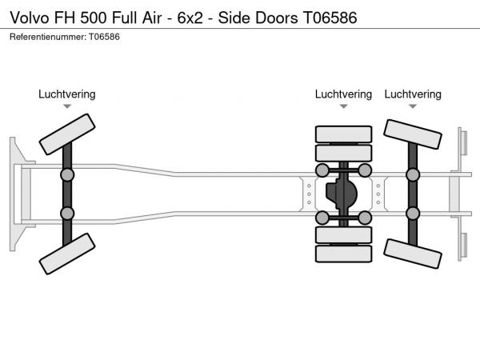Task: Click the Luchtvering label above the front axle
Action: pyautogui.click(x=67, y=94)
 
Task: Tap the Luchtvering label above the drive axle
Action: pyautogui.click(x=343, y=94)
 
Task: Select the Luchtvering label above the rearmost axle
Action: pyautogui.click(x=413, y=94)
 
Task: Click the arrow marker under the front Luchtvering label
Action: pyautogui.click(x=67, y=106)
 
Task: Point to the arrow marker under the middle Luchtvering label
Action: pyautogui.click(x=343, y=106)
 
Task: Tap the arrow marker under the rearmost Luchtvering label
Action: pyautogui.click(x=413, y=106)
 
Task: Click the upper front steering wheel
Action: pyautogui.click(x=67, y=133)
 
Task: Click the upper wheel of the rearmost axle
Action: pyautogui.click(x=413, y=134)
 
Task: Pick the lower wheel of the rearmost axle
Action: pyautogui.click(x=413, y=251)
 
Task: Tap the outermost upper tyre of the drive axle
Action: pyautogui.click(x=343, y=134)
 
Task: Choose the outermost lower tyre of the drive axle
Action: pyautogui.click(x=343, y=254)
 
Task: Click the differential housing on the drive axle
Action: pyautogui.click(x=343, y=194)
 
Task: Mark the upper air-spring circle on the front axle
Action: pyautogui.click(x=67, y=174)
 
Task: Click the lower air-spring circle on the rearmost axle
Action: pyautogui.click(x=413, y=214)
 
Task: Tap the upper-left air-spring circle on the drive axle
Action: pyautogui.click(x=322, y=170)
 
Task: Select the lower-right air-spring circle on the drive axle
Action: pyautogui.click(x=365, y=218)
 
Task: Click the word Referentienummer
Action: pyautogui.click(x=45, y=38)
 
